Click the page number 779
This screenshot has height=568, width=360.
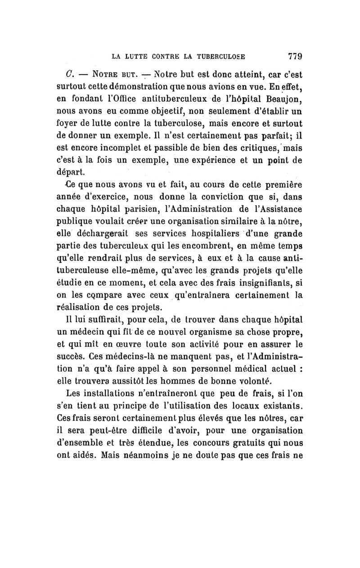point(288,57)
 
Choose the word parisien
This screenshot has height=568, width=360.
point(130,209)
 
